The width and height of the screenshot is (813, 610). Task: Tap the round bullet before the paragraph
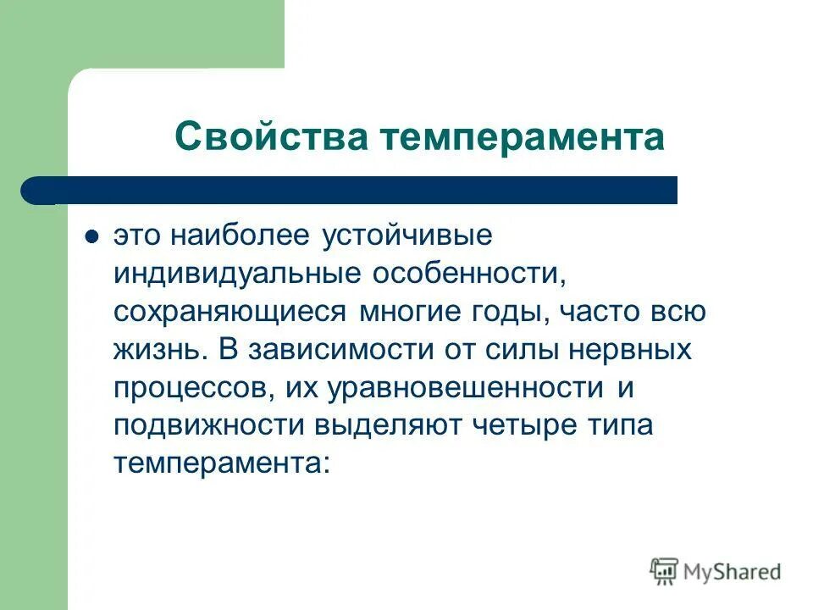click(x=94, y=236)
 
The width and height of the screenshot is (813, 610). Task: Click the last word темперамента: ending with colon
click(x=221, y=462)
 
